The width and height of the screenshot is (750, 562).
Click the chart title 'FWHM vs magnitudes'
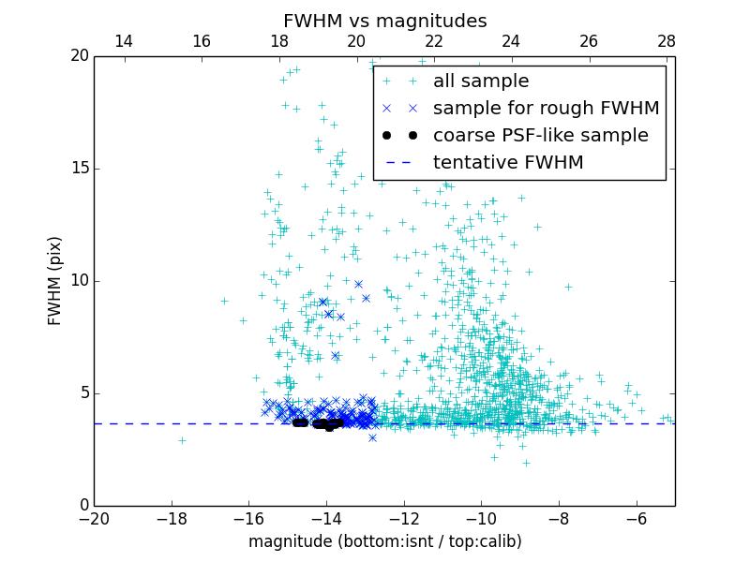pos(384,21)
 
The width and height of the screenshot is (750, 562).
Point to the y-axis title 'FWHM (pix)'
pos(55,281)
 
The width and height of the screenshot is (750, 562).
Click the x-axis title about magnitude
pos(384,541)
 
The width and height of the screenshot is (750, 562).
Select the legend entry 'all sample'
pos(480,81)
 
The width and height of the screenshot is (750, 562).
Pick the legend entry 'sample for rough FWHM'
pos(546,109)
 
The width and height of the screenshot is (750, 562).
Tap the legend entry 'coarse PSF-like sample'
pos(540,136)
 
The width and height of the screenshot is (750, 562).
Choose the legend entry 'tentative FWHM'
pos(508,163)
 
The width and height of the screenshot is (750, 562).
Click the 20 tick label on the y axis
pos(79,56)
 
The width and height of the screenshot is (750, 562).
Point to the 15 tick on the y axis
pos(79,169)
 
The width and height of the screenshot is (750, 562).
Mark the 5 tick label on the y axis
pos(82,393)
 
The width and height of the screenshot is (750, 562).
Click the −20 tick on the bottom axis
pos(94,518)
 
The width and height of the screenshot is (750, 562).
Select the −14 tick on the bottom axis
pos(326,518)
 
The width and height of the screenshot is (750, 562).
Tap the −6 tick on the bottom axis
pos(637,518)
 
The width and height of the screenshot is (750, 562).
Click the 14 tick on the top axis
pos(123,42)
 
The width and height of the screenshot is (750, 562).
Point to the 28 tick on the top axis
pos(667,42)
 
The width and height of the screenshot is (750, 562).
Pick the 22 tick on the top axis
pos(434,42)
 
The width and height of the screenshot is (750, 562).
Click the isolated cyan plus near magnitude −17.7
pos(182,440)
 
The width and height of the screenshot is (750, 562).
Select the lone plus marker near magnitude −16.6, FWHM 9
pos(224,301)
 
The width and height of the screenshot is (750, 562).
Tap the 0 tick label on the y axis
pos(82,506)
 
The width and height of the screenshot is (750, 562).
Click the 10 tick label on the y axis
pos(79,281)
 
